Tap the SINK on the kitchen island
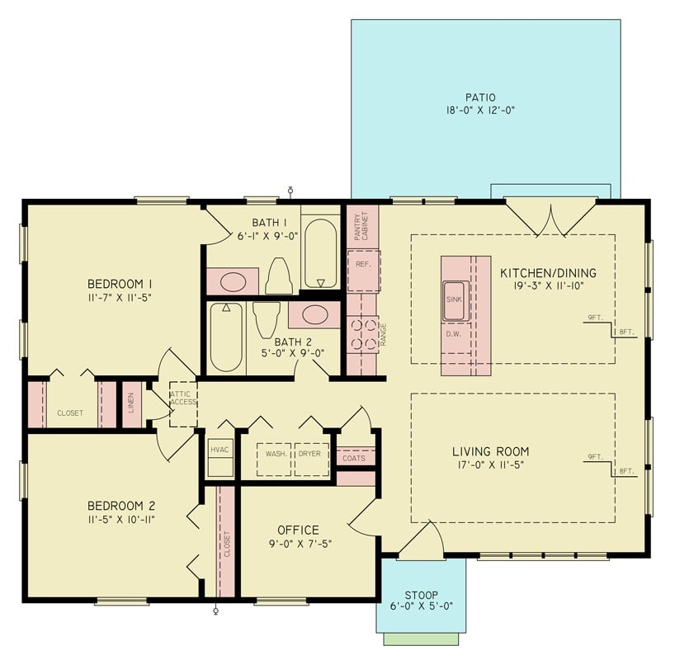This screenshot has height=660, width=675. tap(456, 300)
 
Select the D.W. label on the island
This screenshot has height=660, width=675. tap(454, 334)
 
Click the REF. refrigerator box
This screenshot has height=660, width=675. tap(363, 264)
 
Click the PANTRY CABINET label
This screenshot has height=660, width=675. tap(361, 225)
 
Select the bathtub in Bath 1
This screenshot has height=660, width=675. tap(320, 252)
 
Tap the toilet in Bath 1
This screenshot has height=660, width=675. tap(279, 276)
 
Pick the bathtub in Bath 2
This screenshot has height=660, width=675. tap(225, 337)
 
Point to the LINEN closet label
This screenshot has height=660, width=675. tap(132, 403)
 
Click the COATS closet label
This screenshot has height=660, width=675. tap(355, 458)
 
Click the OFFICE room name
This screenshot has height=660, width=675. tap(298, 530)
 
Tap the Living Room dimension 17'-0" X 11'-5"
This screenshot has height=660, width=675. tap(490, 464)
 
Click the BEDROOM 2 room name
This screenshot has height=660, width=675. tap(121, 506)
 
